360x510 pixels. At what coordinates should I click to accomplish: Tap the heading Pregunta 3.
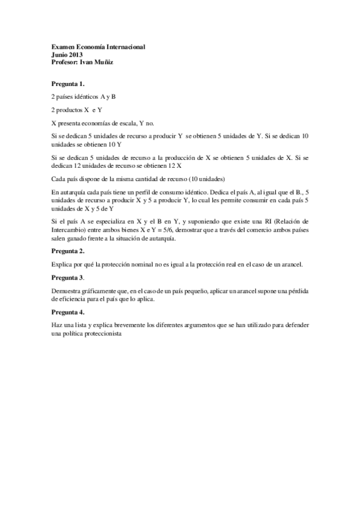[x=68, y=278]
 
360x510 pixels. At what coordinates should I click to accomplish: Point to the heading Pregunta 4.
[x=68, y=313]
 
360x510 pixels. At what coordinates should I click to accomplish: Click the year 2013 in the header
[x=75, y=54]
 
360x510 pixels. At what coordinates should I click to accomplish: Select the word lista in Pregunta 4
[x=84, y=325]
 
